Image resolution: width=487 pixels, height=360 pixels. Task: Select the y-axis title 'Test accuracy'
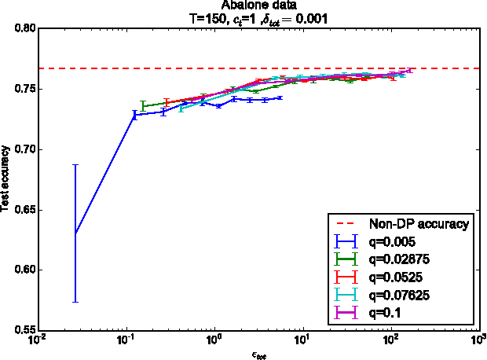pyautogui.click(x=6, y=179)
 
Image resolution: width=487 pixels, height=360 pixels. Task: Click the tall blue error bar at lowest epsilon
pyautogui.click(x=75, y=233)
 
